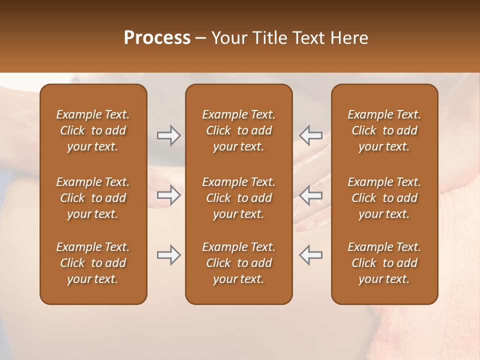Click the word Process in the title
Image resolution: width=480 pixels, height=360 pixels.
[x=157, y=38]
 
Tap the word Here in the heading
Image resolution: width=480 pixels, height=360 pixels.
[x=349, y=38]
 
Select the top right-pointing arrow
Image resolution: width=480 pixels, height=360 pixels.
[x=168, y=135]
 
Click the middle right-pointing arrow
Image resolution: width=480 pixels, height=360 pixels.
[x=168, y=195]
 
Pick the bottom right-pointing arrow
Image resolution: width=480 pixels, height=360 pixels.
[x=168, y=255]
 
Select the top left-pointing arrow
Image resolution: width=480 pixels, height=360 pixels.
[x=311, y=135]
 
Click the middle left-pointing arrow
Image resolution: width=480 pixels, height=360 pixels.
[x=311, y=195]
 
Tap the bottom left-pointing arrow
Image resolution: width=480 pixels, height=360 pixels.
[x=311, y=255]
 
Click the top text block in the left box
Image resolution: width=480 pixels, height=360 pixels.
[x=93, y=130]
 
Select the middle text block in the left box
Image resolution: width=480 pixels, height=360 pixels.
[x=93, y=198]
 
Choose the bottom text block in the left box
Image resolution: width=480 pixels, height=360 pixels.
[x=93, y=263]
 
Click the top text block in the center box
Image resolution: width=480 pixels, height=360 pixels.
[x=239, y=130]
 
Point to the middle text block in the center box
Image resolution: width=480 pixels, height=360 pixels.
[x=239, y=198]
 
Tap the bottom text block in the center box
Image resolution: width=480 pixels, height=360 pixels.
[x=239, y=263]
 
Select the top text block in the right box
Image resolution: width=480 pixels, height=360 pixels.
[x=384, y=130]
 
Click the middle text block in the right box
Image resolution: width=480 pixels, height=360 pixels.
[x=384, y=198]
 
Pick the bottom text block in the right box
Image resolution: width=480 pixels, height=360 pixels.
[x=384, y=263]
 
